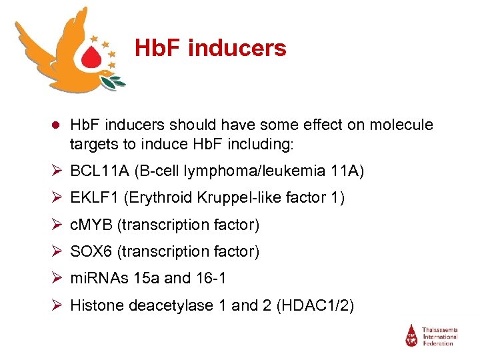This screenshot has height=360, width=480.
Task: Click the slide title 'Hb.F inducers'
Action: pyautogui.click(x=210, y=48)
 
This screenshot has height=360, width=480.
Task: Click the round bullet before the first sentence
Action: pyautogui.click(x=57, y=125)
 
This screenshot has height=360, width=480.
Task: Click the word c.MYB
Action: pyautogui.click(x=91, y=225)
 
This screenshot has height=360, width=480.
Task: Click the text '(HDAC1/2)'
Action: pyautogui.click(x=319, y=305)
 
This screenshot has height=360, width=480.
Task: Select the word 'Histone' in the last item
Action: pyautogui.click(x=94, y=305)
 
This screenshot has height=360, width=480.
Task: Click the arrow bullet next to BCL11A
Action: pyautogui.click(x=57, y=171)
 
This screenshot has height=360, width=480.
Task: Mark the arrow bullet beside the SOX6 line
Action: pyautogui.click(x=57, y=251)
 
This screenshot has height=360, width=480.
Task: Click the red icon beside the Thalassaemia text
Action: pyautogui.click(x=412, y=335)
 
